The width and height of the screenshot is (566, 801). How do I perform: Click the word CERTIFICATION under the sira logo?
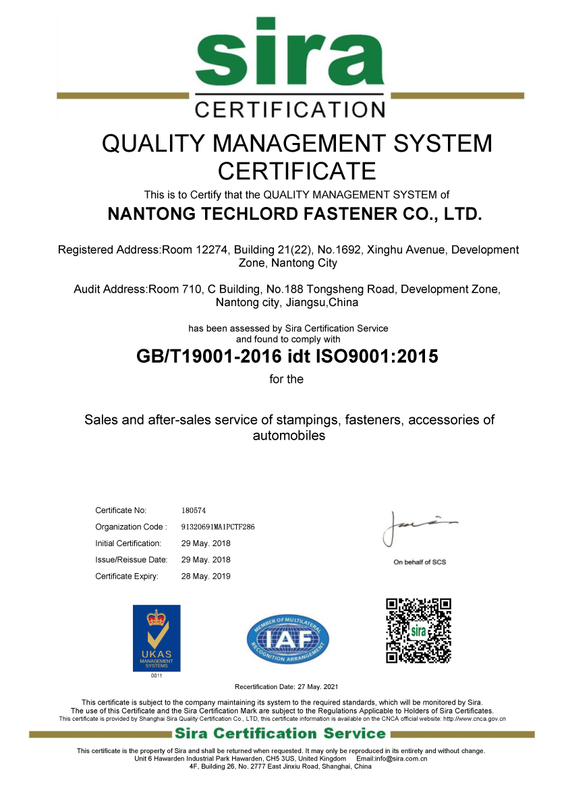(x=290, y=109)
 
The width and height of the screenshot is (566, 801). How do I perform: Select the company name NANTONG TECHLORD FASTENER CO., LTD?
(x=295, y=214)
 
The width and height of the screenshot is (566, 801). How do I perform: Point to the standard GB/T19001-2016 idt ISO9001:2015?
(x=287, y=356)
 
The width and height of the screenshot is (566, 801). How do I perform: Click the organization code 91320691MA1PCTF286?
(x=218, y=527)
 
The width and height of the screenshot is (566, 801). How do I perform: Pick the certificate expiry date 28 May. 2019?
(x=206, y=576)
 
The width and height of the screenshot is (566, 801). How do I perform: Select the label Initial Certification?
(x=128, y=543)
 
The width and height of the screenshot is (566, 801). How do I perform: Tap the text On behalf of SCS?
(x=420, y=562)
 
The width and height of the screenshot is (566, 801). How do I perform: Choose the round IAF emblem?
(x=288, y=636)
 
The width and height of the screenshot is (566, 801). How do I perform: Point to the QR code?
(x=418, y=630)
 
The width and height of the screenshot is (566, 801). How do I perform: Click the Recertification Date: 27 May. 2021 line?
(x=286, y=687)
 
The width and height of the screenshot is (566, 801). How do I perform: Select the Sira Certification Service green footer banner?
(x=280, y=734)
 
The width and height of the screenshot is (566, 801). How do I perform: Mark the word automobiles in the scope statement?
(x=289, y=436)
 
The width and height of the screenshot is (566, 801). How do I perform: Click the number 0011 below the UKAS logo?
(x=157, y=676)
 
